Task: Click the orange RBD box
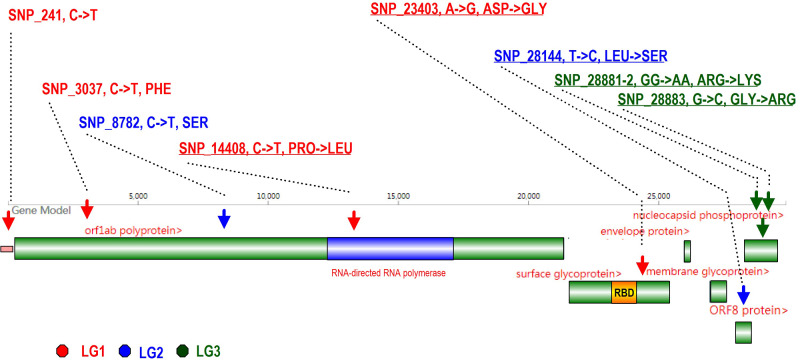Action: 624,292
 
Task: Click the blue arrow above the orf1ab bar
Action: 224,218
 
